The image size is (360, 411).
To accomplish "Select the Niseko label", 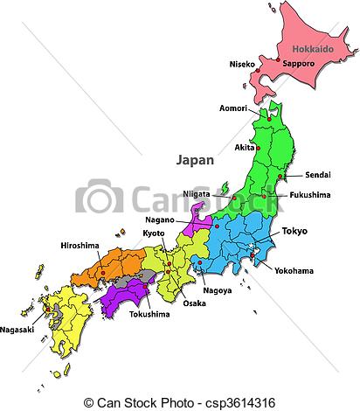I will click(x=242, y=65).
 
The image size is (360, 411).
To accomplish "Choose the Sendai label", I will click(x=318, y=176).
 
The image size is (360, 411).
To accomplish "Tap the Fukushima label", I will click(x=310, y=195).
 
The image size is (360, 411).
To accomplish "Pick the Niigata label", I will click(x=198, y=193).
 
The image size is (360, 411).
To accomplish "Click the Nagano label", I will click(x=160, y=220).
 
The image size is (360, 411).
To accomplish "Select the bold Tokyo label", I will click(x=294, y=231).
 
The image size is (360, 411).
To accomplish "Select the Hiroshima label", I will click(x=80, y=246).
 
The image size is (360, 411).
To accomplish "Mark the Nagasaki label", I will click(x=18, y=331).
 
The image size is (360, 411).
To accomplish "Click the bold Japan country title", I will click(x=195, y=160).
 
